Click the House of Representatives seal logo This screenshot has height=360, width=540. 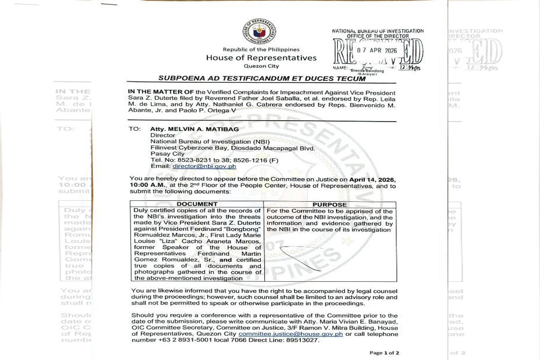point(259,32)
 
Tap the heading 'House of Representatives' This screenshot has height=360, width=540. point(261,58)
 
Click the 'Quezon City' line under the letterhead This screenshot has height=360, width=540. point(261,66)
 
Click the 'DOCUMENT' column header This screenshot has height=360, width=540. point(197,204)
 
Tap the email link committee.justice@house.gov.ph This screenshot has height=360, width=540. point(291,334)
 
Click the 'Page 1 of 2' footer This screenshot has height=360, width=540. point(384,353)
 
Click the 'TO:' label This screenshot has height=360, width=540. point(135,128)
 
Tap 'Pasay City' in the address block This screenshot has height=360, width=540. point(164,153)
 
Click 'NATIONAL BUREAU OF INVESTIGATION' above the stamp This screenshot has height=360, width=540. point(378,31)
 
